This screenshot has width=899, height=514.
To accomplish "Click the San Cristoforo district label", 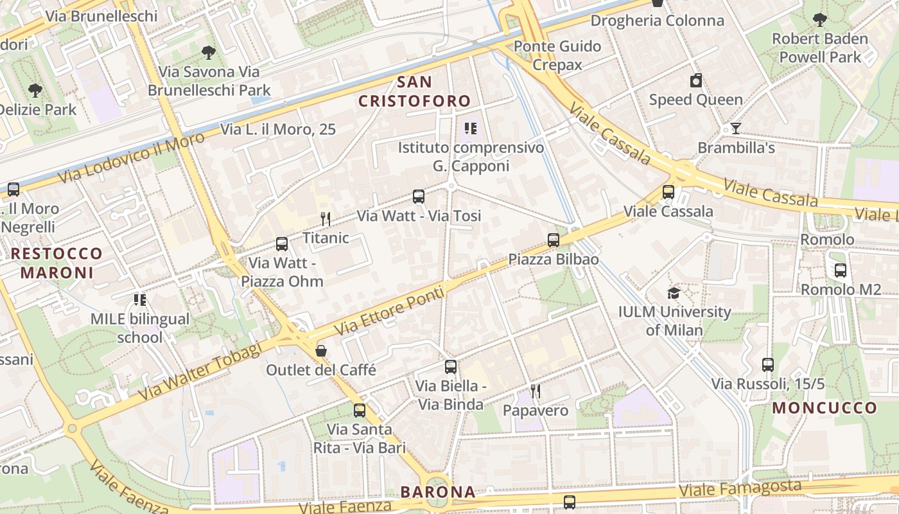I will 414,92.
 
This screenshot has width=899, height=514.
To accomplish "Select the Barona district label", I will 438,492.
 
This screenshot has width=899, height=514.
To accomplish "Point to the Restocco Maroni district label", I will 57,263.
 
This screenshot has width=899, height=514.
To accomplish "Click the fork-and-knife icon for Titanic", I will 326,219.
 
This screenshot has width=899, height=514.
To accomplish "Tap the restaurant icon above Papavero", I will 536,391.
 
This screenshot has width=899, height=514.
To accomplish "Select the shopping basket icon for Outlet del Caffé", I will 320,351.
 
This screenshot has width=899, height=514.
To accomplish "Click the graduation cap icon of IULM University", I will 674,293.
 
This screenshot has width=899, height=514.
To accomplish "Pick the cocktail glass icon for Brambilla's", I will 736,128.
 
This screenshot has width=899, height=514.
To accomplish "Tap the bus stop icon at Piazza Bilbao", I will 554,240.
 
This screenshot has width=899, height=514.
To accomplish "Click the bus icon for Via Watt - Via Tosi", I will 419,197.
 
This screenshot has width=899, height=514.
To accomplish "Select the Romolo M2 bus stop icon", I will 840,270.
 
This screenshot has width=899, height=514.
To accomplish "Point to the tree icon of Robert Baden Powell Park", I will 819,19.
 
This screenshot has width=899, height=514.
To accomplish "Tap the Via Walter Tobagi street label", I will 200,371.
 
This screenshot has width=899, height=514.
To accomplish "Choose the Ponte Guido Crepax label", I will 557,55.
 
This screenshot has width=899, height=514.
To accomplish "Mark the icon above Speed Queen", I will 695,81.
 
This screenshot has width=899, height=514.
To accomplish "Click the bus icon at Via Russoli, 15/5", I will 767,365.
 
